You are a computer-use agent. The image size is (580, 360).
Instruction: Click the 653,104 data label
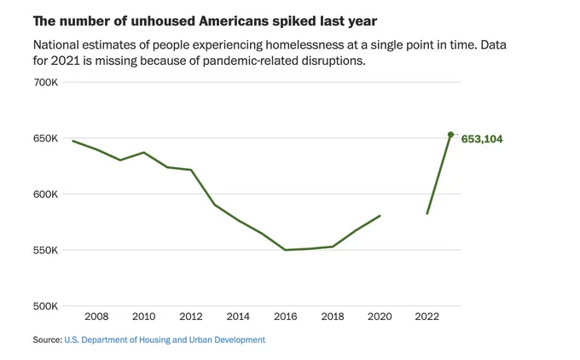(482, 139)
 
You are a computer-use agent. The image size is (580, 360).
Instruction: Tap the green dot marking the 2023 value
(450, 135)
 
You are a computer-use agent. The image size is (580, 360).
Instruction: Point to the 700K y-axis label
(45, 82)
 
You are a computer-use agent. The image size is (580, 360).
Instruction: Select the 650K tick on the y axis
(45, 138)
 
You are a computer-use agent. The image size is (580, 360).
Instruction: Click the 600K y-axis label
(45, 195)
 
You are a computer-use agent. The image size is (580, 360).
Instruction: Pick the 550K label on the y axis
(45, 250)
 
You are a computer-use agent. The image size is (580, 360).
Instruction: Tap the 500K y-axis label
(45, 306)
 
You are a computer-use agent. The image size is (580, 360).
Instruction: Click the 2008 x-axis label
(96, 316)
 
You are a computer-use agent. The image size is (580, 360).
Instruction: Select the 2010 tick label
(144, 316)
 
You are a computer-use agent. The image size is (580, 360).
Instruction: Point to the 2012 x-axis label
(191, 316)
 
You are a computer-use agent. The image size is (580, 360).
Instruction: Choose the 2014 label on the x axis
(238, 316)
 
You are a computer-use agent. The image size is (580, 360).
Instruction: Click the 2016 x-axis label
(285, 316)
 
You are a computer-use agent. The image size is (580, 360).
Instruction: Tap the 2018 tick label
(333, 316)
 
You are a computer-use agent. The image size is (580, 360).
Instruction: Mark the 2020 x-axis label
(380, 316)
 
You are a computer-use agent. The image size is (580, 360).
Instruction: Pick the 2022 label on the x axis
(426, 316)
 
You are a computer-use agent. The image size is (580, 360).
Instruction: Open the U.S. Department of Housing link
(165, 340)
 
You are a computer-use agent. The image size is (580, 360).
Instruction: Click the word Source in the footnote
(47, 340)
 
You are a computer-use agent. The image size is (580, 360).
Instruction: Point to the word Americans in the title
(235, 21)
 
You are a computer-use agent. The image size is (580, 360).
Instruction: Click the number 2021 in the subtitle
(65, 61)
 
